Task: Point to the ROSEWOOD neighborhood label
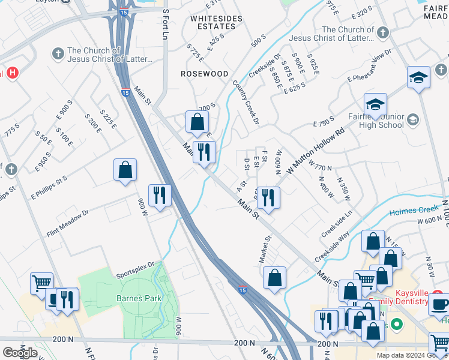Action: coord(205,74)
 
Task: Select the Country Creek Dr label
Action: coord(246,103)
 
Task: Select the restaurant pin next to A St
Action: coord(268,198)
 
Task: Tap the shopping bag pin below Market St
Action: coord(274,278)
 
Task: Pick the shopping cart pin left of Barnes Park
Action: coord(41,283)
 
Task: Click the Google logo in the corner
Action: coord(19,353)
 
